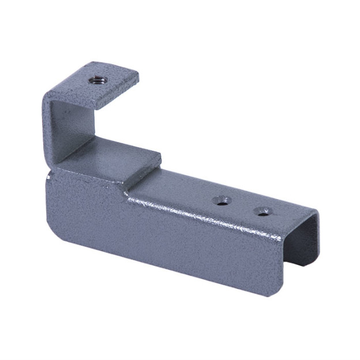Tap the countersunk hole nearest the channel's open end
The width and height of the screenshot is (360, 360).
pos(264,211)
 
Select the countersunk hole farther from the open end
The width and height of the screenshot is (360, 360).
pos(221,201)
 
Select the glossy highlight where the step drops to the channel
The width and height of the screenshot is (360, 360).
pos(130,190)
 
